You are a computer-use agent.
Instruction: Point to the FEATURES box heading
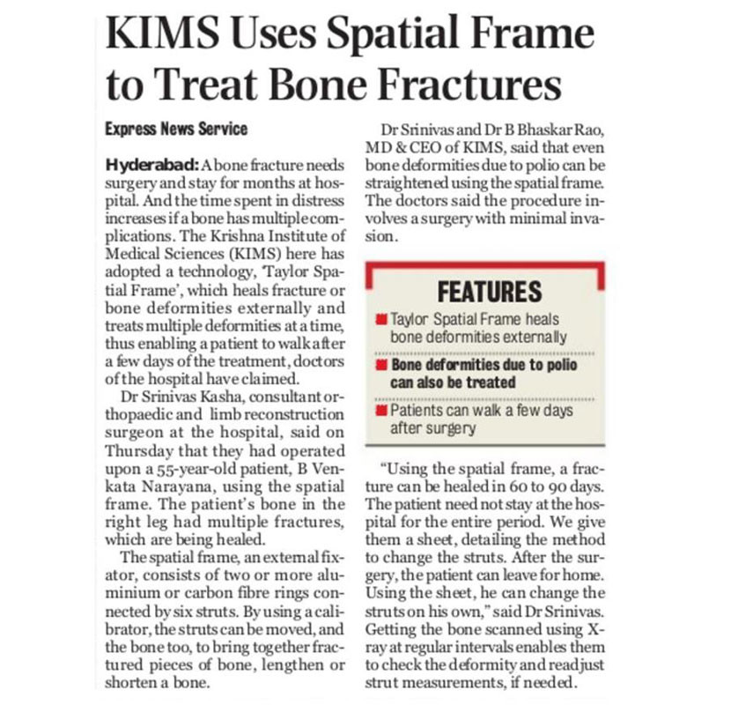489,292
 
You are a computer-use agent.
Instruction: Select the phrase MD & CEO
401,148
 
